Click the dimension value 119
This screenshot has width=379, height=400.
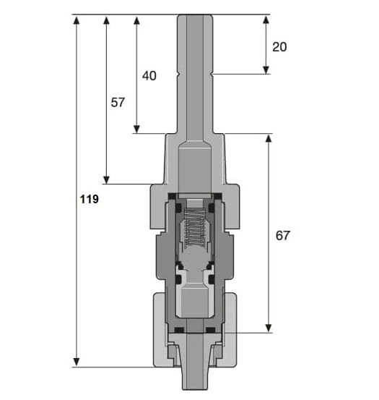tap(90, 199)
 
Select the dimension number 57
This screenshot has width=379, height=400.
tap(118, 102)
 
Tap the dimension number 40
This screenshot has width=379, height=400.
tap(149, 76)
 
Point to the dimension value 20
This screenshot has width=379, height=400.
tap(279, 47)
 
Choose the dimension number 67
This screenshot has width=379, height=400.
tap(282, 236)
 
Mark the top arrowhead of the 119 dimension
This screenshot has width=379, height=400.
tap(77, 20)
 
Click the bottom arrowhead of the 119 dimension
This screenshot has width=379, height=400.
tap(77, 362)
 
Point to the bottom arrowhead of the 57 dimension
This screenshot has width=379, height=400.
tap(106, 179)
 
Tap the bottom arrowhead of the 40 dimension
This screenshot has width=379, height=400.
tap(136, 129)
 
